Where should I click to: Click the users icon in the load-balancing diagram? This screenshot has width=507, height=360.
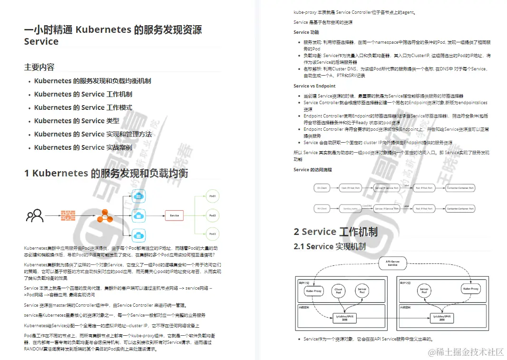(x=35, y=216)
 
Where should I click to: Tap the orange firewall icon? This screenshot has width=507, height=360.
(x=68, y=216)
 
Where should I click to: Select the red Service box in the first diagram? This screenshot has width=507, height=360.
(x=174, y=215)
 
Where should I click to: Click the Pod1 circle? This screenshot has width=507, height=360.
(x=212, y=196)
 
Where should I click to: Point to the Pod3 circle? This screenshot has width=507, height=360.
(x=212, y=234)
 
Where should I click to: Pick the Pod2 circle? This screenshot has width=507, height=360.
(x=212, y=215)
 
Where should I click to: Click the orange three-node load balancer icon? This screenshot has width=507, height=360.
(x=105, y=216)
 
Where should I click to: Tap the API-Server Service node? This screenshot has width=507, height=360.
(x=392, y=263)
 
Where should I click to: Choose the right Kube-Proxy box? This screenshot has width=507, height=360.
(x=471, y=289)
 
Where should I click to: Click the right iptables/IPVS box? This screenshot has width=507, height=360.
(x=441, y=317)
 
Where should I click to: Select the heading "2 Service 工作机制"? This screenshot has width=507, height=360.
(x=335, y=232)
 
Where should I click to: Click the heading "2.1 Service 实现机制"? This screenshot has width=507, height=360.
(x=330, y=246)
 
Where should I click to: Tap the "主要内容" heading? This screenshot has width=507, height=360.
(x=39, y=67)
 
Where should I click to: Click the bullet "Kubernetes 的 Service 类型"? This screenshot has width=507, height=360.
(x=77, y=121)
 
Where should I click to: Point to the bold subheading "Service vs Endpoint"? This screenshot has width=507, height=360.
(x=314, y=86)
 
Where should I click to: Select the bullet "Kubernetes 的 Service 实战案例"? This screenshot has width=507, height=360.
(x=83, y=147)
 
